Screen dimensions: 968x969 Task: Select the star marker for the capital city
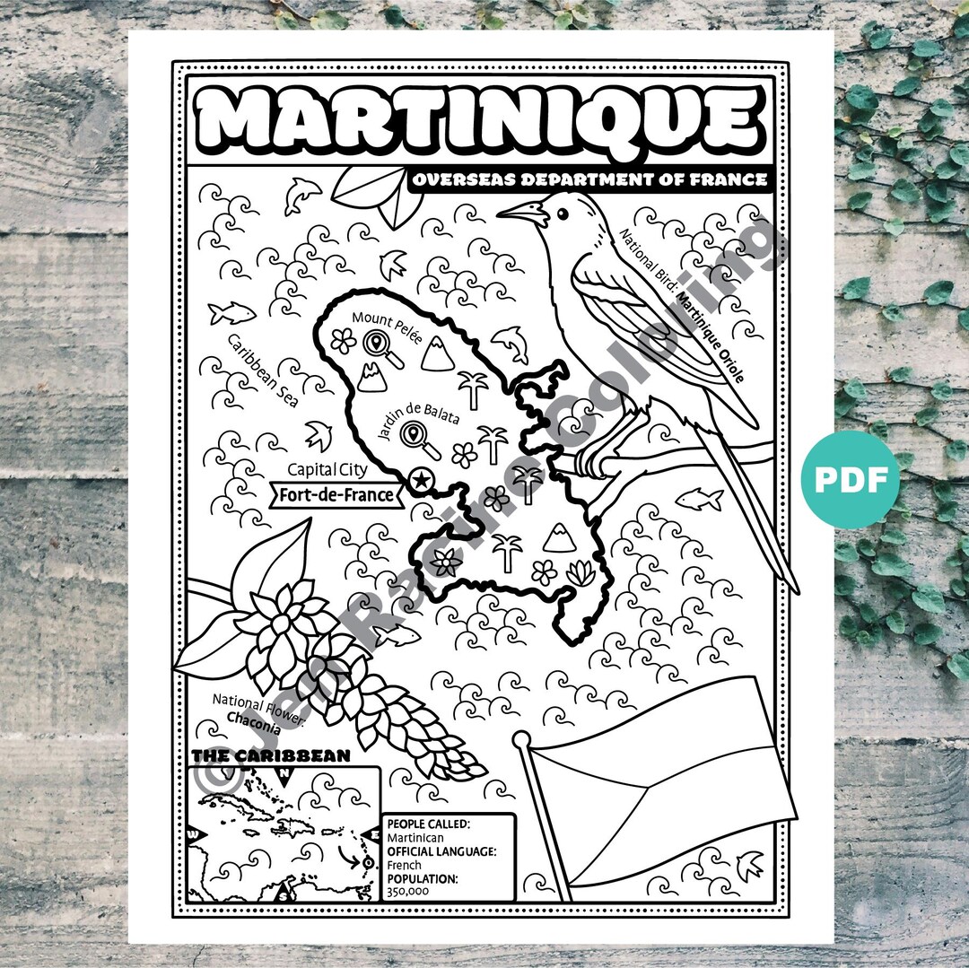(x=418, y=481)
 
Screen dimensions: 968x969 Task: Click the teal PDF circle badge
(x=851, y=480)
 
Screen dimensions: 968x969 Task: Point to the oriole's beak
(x=519, y=212)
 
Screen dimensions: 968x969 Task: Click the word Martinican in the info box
(x=414, y=837)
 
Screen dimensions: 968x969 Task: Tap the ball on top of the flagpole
(x=521, y=741)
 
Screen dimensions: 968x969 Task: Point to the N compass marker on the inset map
(x=285, y=773)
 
